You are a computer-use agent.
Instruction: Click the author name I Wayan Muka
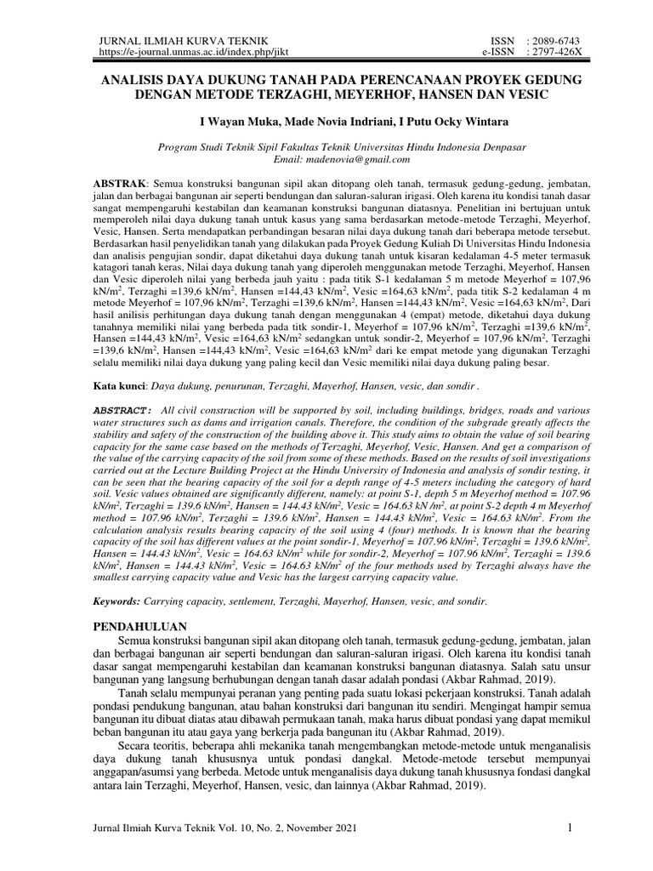237,122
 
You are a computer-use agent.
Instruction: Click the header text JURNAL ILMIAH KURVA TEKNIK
184,40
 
